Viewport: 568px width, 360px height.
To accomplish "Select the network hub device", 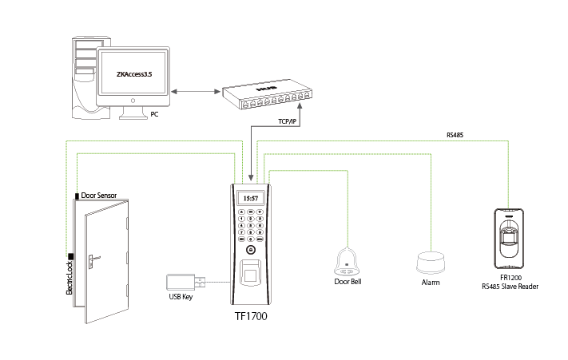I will point(264,93).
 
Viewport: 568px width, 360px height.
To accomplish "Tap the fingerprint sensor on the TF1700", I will point(250,270).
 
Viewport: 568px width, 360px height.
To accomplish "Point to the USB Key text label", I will point(181,298).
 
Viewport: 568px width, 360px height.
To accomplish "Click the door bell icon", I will point(349,259).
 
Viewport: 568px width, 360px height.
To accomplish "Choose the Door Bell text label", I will point(348,282).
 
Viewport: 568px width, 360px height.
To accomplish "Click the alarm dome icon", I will point(430,263).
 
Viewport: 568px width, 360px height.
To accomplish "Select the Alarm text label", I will point(431,283).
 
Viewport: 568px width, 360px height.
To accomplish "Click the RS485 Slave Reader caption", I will point(509,285).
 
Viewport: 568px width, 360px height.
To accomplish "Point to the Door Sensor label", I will point(100,196).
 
